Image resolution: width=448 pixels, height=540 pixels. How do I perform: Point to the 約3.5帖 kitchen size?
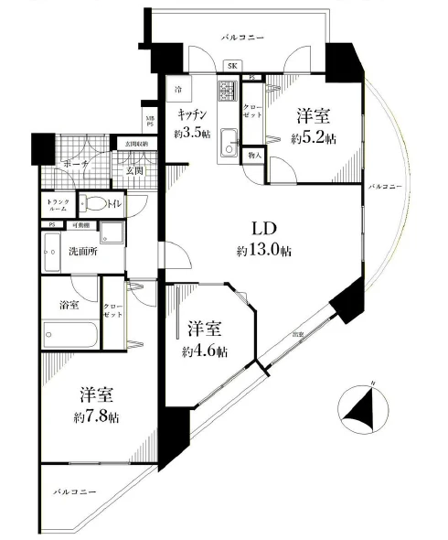[192, 134]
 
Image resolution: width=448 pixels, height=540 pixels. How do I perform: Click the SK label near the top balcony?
[232, 65]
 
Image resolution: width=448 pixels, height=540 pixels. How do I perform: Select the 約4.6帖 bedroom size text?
[206, 351]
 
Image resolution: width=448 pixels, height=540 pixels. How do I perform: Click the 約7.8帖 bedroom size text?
[96, 416]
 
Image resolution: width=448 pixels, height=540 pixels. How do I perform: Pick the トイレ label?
[114, 205]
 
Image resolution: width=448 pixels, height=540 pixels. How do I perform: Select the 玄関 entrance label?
[135, 170]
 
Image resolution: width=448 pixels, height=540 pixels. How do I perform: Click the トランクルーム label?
[56, 205]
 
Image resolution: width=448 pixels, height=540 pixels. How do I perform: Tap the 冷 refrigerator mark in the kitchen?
[179, 90]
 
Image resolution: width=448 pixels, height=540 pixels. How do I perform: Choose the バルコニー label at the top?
[243, 38]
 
